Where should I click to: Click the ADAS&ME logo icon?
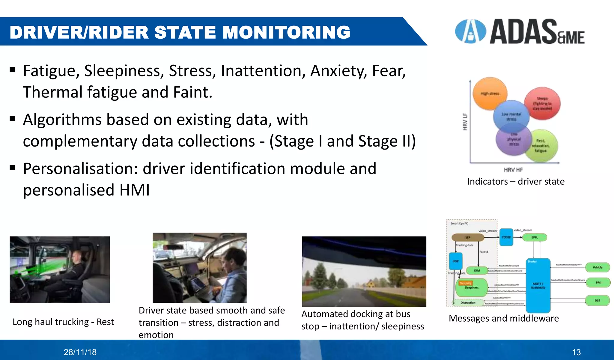point(470,31)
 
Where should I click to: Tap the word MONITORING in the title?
point(286,32)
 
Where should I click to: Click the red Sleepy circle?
point(543,103)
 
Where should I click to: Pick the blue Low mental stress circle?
point(511,116)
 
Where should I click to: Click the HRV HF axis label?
point(513,170)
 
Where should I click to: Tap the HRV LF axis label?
point(465,122)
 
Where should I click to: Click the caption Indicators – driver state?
point(516,182)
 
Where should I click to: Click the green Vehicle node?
point(597,267)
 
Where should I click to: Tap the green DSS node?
point(597,300)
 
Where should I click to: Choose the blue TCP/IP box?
point(506,237)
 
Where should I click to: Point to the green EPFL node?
point(535,237)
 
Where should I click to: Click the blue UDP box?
point(455,261)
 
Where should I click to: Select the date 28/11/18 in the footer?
point(80,352)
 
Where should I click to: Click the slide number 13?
point(576,352)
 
